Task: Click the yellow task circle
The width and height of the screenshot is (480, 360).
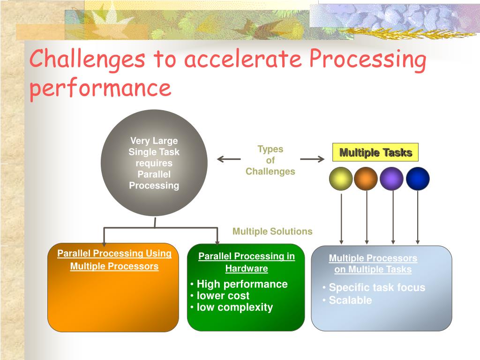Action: tap(341, 179)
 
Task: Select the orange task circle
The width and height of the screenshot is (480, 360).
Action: tap(366, 179)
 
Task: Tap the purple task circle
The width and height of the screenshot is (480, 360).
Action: tap(392, 179)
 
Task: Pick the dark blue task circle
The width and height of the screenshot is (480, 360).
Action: tap(418, 179)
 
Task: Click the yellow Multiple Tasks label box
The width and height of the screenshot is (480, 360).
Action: tap(375, 153)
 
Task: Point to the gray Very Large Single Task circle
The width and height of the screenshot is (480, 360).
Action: tap(154, 163)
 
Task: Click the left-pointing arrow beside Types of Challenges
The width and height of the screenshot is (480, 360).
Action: tap(229, 159)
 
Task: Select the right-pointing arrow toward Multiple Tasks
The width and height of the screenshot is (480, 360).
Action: tap(312, 159)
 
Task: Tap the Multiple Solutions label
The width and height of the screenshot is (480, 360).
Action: tap(272, 232)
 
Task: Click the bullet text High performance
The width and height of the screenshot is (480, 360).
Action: tap(242, 284)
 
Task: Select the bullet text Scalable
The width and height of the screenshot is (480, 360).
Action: tap(350, 300)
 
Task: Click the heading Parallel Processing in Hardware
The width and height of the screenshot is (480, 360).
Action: tap(247, 262)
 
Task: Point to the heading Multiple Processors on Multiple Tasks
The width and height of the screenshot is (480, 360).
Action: tap(373, 264)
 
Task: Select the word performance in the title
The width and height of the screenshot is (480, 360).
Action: tap(100, 88)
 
